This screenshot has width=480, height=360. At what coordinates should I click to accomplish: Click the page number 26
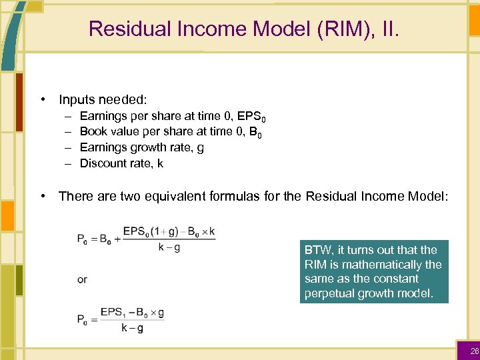tap(474, 351)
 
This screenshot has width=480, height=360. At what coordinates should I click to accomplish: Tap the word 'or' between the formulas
tap(82, 279)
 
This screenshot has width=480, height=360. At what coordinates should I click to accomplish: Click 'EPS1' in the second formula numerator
tap(111, 312)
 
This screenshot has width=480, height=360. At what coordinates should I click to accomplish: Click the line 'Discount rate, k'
tap(121, 163)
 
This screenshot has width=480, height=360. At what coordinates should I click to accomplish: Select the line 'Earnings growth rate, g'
tap(141, 147)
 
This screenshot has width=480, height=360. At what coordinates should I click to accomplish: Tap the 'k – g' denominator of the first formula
tap(169, 248)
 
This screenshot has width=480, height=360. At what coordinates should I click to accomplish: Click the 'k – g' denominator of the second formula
tap(133, 327)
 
